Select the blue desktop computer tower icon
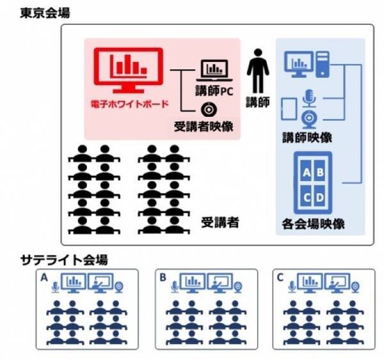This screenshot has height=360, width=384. [x=322, y=65]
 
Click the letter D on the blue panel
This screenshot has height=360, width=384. [x=320, y=197]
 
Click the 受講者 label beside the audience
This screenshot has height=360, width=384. [x=220, y=223]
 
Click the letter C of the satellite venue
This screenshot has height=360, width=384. [x=280, y=278]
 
